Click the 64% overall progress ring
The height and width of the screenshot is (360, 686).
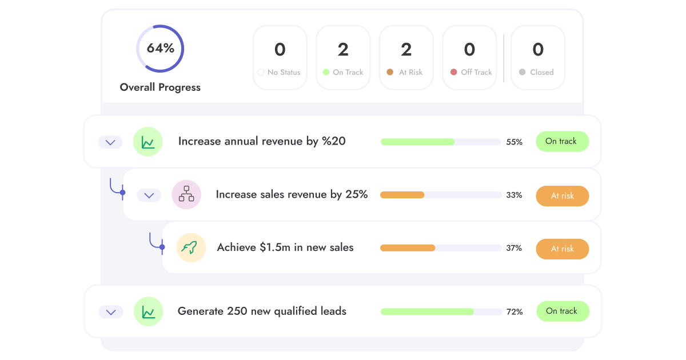click(x=160, y=49)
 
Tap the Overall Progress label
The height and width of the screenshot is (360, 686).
click(x=160, y=87)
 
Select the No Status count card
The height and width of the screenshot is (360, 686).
click(x=280, y=58)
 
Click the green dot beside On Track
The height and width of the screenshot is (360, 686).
click(x=326, y=72)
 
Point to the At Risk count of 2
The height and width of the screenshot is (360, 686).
click(x=406, y=50)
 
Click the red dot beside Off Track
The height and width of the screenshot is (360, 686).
click(x=454, y=72)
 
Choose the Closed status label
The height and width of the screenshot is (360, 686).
click(x=541, y=72)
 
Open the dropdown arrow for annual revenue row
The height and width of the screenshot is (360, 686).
click(x=110, y=142)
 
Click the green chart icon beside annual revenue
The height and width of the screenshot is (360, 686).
click(x=148, y=142)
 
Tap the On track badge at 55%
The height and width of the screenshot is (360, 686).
click(x=562, y=141)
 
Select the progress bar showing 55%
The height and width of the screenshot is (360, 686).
click(x=441, y=142)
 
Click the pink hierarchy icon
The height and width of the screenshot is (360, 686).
click(x=186, y=195)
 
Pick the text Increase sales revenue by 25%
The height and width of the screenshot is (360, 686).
click(x=292, y=194)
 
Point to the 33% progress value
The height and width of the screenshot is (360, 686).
click(x=514, y=195)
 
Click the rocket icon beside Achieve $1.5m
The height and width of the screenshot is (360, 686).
click(x=191, y=248)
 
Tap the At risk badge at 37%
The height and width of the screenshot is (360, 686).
click(x=562, y=249)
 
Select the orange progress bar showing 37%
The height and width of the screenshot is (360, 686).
click(x=441, y=248)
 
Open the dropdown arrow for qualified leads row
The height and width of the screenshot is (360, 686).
click(x=111, y=312)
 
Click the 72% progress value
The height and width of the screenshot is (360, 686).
click(x=514, y=312)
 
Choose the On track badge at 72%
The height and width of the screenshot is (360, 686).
click(x=563, y=311)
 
